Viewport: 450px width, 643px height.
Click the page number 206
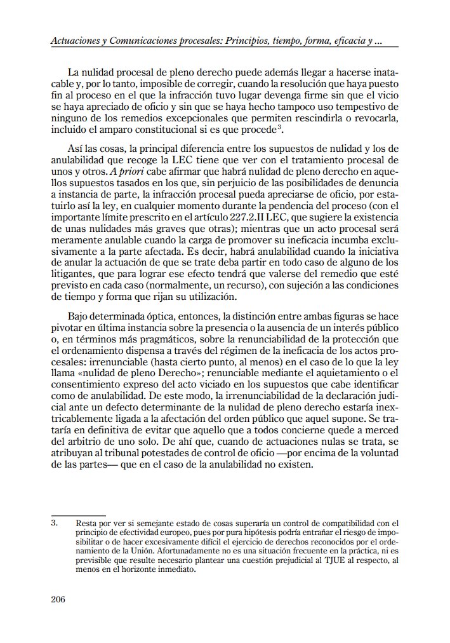point(58,599)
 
